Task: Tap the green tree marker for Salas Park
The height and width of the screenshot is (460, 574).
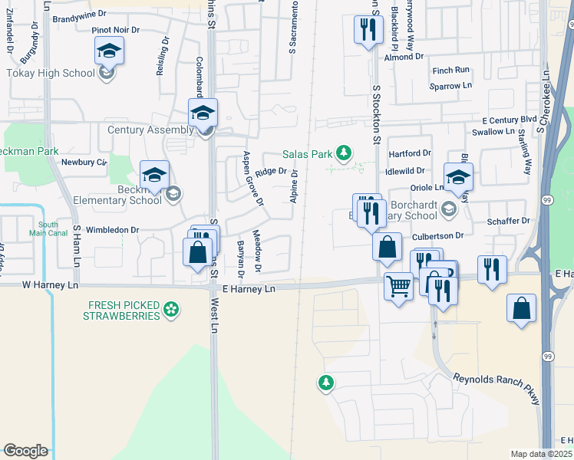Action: (345, 152)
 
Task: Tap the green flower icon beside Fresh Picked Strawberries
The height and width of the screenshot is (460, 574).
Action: (173, 310)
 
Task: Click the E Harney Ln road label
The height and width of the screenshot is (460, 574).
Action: (248, 289)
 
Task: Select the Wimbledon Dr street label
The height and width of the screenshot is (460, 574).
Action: (111, 229)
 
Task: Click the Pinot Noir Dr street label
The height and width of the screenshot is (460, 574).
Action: (116, 30)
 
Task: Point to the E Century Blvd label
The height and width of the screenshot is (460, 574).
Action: (509, 120)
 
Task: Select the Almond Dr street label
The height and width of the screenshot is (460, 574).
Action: (404, 57)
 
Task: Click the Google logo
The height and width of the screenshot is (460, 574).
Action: (25, 451)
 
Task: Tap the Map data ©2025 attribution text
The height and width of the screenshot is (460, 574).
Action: (542, 454)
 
